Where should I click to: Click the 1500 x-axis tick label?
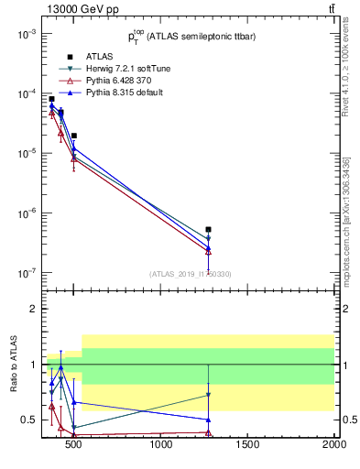[x=248, y=446]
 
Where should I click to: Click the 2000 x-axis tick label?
[x=333, y=446]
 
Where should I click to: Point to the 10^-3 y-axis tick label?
[x=25, y=34]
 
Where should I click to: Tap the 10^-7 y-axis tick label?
[x=25, y=273]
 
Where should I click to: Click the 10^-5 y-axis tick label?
[x=25, y=154]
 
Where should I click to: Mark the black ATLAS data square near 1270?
[x=209, y=229]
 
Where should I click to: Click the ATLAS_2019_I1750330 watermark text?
[x=190, y=274]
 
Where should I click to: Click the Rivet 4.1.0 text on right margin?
[x=352, y=78]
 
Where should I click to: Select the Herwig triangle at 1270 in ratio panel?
[x=209, y=395]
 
